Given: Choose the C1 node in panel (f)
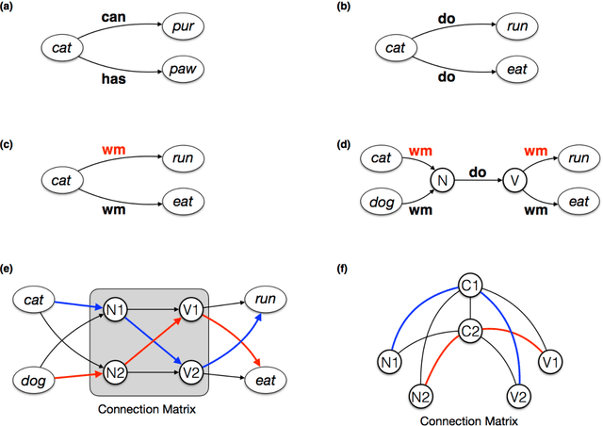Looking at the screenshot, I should coord(471,285).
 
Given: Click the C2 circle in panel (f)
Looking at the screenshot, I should coord(471,330).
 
